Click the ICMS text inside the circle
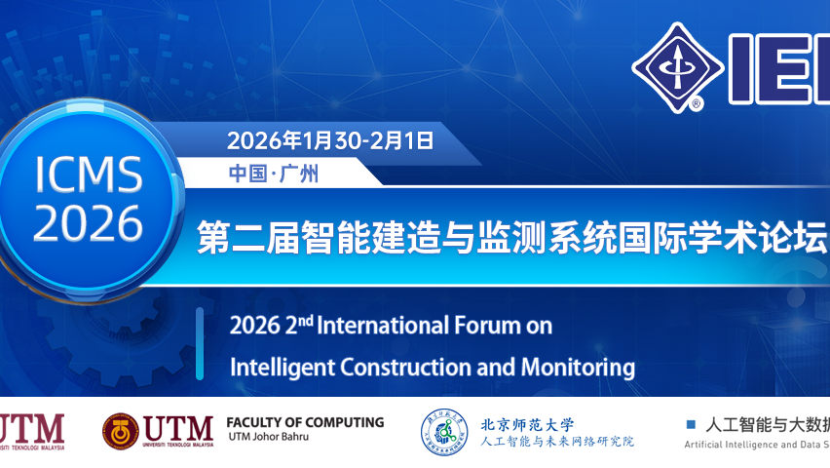click(89, 175)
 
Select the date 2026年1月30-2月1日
click(329, 139)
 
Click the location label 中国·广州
click(274, 175)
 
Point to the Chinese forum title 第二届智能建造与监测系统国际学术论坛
click(511, 237)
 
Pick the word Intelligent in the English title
click(275, 368)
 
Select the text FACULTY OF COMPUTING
click(305, 423)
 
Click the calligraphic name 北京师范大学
click(527, 424)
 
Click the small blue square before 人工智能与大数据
click(692, 424)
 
